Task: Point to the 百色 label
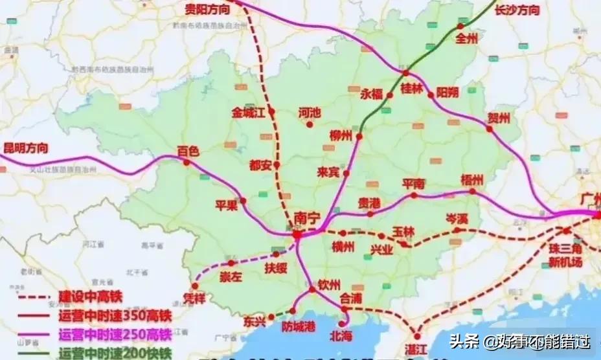(189, 150)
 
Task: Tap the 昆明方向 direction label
(26, 148)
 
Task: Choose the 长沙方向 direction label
(517, 10)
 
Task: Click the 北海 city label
(342, 335)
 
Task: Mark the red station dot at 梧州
(473, 192)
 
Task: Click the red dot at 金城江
(272, 112)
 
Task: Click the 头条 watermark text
(467, 339)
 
